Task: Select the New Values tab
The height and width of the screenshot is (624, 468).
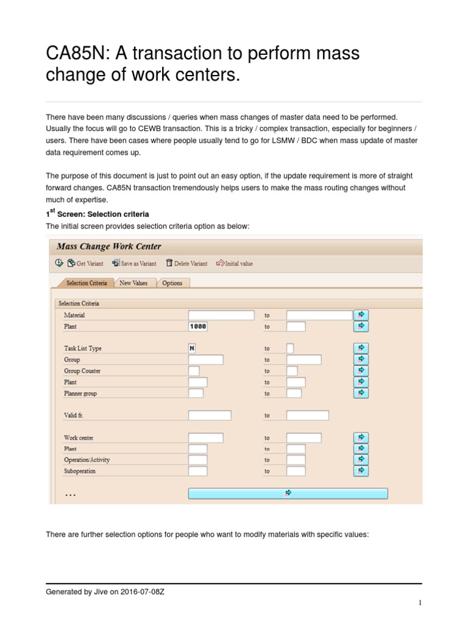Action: point(133,283)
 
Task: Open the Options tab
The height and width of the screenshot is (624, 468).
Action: point(172,283)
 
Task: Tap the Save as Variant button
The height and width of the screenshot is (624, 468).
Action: point(134,263)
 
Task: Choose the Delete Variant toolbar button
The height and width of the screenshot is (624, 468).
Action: point(186,263)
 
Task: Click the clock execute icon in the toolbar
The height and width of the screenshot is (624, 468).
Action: point(59,263)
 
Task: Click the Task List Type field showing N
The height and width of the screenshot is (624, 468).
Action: point(192,348)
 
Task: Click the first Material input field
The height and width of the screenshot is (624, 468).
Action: point(221,315)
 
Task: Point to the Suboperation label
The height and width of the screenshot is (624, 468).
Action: point(80,471)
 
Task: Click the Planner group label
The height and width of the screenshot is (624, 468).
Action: point(80,394)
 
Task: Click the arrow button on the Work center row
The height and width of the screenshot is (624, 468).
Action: point(361,438)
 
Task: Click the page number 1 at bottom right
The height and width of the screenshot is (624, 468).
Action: point(420,603)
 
